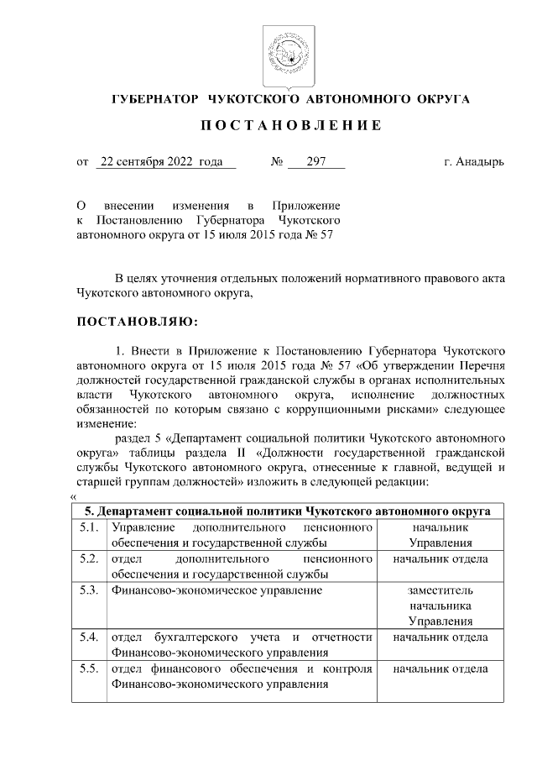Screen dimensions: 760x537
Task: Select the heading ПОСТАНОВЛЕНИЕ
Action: click(x=290, y=126)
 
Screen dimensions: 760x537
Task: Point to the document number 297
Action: click(x=316, y=162)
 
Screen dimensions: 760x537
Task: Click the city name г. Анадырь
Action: click(x=474, y=162)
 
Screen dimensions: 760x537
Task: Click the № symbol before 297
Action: click(x=275, y=162)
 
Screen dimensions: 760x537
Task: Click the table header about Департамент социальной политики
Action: click(x=290, y=511)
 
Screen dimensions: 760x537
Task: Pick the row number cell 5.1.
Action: click(x=89, y=528)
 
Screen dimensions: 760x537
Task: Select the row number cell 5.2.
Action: click(x=89, y=559)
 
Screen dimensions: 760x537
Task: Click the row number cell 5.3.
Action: click(x=89, y=590)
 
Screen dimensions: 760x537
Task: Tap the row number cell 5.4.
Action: click(x=89, y=637)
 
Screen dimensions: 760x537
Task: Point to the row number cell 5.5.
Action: click(x=89, y=669)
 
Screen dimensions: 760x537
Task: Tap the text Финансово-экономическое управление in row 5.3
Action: click(x=216, y=590)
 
